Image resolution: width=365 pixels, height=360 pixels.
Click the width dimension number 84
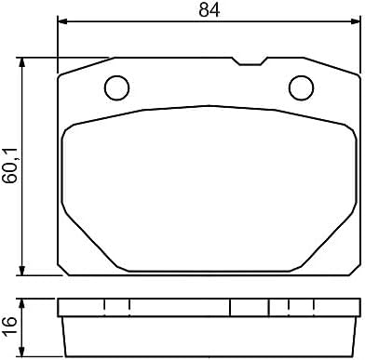[210, 9]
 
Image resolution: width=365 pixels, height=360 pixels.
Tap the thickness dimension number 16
[9, 327]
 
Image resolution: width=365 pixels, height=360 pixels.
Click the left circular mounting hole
[117, 88]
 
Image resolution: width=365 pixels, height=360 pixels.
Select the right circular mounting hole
[301, 88]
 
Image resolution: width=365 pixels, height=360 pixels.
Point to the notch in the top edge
[250, 61]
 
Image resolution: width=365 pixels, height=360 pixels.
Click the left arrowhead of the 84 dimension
[62, 21]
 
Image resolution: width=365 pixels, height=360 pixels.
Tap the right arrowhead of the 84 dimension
[355, 21]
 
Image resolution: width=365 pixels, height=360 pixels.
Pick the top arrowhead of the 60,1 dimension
[21, 62]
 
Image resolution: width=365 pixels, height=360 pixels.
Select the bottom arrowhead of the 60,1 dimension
[21, 271]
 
